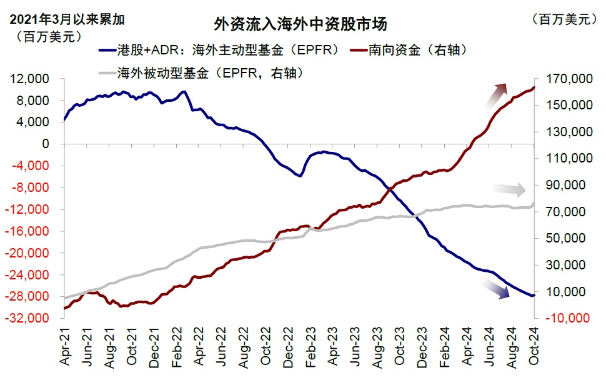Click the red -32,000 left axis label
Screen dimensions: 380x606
tap(30, 318)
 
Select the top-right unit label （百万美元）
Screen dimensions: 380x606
tap(565, 19)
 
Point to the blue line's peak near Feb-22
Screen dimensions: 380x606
tap(183, 92)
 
